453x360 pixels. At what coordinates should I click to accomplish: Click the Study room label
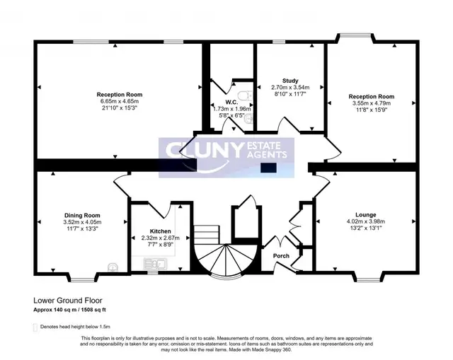pos(290,81)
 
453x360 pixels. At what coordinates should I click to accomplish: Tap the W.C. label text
pos(231,102)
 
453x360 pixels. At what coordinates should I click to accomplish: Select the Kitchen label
pos(161,231)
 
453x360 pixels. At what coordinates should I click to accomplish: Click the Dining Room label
pos(82,216)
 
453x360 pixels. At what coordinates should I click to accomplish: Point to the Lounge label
pos(366,215)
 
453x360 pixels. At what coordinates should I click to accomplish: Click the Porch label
pos(281,256)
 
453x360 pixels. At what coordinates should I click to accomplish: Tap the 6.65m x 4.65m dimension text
pos(120,101)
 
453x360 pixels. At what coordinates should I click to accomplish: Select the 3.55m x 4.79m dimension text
pos(371,103)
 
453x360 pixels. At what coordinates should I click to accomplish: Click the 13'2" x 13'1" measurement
pos(366,228)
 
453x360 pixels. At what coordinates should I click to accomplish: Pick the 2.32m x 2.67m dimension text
pos(161,238)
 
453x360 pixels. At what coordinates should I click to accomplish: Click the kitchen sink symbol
pos(155,264)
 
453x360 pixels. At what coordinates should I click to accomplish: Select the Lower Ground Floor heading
pos(68,301)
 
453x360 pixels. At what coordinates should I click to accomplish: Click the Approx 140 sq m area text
pos(55,310)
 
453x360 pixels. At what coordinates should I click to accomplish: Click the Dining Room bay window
pos(82,278)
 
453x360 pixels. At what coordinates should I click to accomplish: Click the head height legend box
pos(35,327)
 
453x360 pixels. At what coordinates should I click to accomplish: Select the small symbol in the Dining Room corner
pos(113,267)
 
